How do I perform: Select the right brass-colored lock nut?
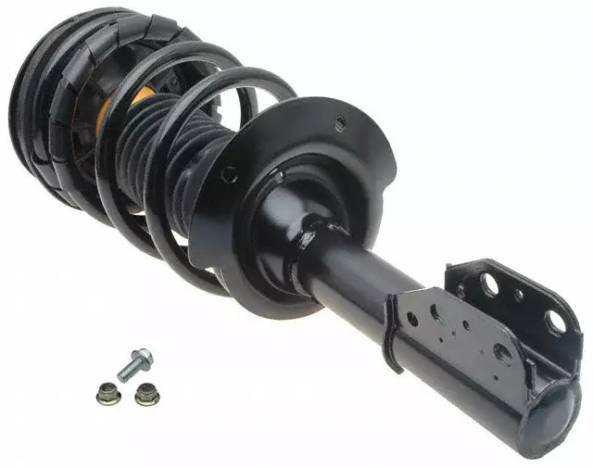point(145,395)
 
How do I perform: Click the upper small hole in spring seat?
point(340,121)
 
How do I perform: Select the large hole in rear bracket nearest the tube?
point(488,284)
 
